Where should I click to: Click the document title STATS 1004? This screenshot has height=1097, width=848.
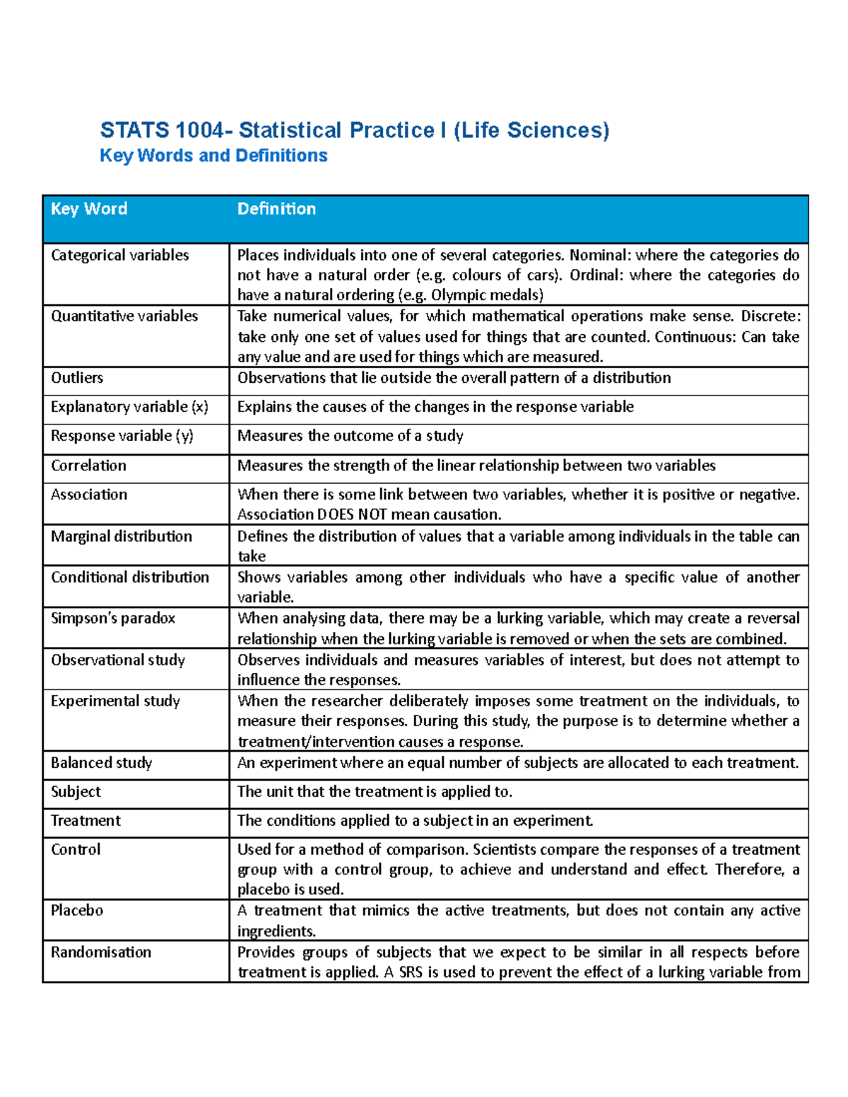(354, 131)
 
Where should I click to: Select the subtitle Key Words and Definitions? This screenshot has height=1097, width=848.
(213, 155)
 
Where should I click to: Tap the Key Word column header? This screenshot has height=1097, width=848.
(89, 209)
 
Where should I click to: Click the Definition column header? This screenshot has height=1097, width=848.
(276, 209)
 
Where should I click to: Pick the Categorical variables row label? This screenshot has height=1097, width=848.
(119, 255)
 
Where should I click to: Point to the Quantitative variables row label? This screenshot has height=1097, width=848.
(124, 316)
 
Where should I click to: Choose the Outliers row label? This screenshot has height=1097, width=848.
(77, 378)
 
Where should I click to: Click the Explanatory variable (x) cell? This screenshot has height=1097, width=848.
(129, 407)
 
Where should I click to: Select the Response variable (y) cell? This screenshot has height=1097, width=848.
(122, 436)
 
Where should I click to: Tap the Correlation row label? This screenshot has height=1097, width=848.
(88, 466)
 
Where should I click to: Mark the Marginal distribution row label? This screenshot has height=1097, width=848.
(121, 536)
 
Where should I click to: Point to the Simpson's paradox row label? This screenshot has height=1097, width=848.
(113, 618)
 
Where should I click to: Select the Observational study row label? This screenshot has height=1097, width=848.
(118, 660)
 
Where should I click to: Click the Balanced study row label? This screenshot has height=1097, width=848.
(101, 763)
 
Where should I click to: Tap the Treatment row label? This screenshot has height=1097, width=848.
(86, 821)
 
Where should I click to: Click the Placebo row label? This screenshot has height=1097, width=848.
(77, 911)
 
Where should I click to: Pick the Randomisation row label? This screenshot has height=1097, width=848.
(101, 952)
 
